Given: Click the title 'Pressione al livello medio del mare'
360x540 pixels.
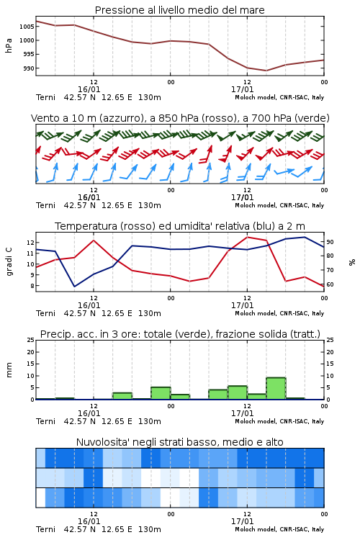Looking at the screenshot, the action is [179, 10].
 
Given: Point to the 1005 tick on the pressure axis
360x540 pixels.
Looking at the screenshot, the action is [27, 27].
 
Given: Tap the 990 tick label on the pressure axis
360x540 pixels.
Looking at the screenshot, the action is [29, 68].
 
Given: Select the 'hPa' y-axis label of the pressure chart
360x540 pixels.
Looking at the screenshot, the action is [9, 45].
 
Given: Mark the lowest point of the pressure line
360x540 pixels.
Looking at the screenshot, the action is [266, 71].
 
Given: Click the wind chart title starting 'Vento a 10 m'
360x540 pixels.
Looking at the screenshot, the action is [180, 118].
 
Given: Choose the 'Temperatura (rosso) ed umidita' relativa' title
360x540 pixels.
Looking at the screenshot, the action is [180, 226].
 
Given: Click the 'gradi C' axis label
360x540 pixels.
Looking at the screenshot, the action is [9, 262].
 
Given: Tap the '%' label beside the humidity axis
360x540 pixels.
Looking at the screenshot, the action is [352, 262].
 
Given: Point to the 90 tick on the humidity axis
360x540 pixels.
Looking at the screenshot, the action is [330, 242].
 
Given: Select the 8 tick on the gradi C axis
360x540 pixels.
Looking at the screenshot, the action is [32, 286].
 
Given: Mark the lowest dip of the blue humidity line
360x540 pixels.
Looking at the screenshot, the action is [74, 287].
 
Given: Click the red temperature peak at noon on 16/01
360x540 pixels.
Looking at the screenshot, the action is [94, 240].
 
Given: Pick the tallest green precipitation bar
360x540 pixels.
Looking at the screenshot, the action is [276, 389].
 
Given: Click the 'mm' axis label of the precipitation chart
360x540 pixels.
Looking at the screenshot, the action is [9, 370].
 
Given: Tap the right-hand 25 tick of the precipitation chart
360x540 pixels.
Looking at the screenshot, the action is [330, 340].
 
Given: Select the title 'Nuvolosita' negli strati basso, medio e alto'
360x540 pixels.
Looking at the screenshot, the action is [180, 442].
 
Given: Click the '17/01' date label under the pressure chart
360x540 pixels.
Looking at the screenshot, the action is [242, 89].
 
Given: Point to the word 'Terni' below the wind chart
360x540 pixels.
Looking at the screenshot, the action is [45, 205].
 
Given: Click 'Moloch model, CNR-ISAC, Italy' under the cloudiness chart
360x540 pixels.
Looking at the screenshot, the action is [279, 529].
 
